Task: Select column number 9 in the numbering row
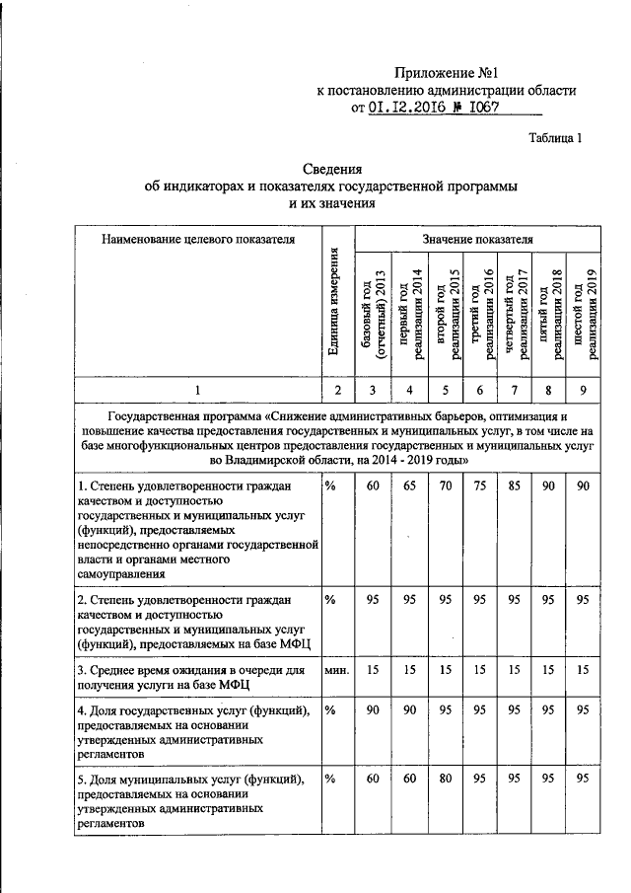[584, 391]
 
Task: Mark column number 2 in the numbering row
[337, 391]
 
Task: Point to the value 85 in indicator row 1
[514, 487]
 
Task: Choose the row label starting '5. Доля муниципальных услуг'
[192, 800]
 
